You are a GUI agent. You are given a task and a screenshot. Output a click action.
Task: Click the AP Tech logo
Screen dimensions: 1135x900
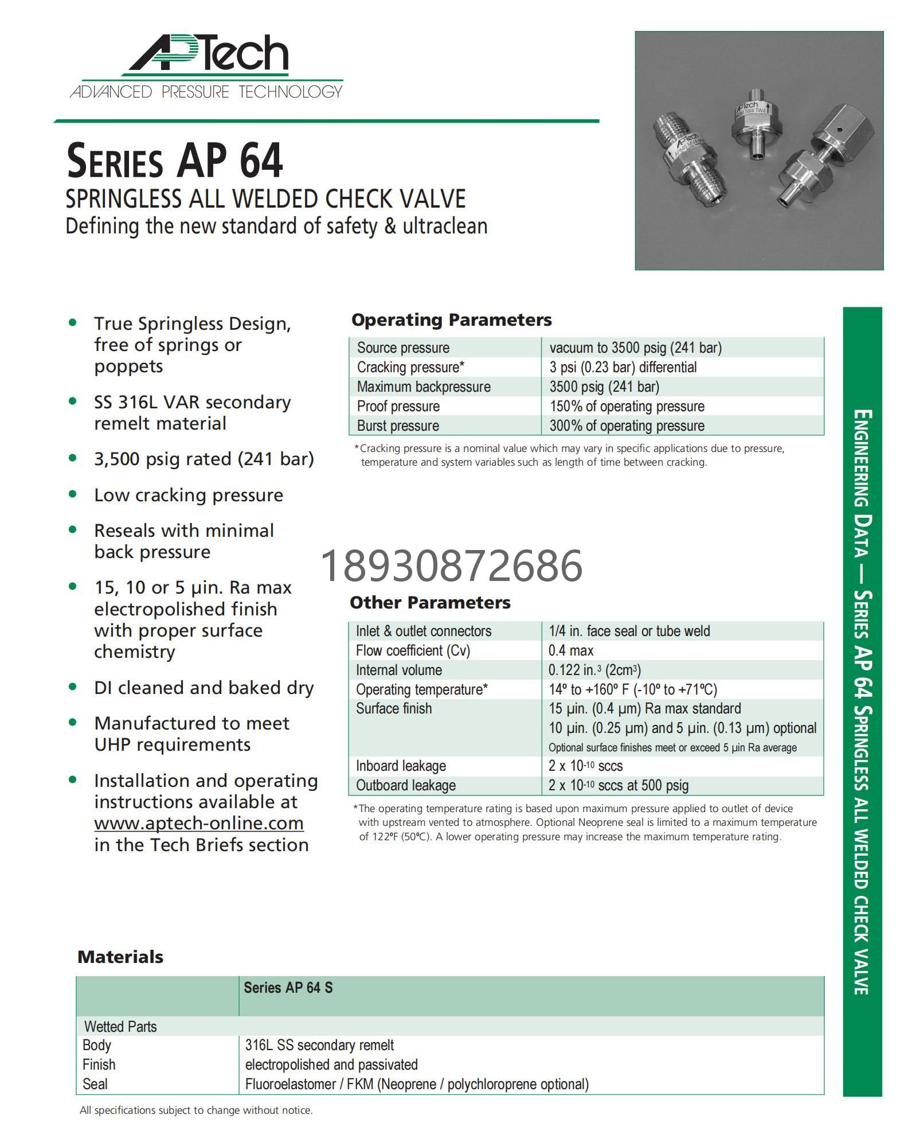(x=206, y=67)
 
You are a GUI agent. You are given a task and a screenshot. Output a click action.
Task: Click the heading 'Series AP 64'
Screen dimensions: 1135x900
(x=175, y=161)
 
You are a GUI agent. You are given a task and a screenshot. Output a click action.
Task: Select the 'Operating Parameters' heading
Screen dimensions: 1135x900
(x=451, y=320)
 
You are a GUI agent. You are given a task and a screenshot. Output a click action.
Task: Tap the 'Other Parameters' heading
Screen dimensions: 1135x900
(x=430, y=603)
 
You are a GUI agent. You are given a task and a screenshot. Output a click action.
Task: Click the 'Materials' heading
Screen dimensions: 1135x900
(x=120, y=957)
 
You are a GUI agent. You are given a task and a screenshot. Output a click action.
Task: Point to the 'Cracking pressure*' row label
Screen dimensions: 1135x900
(x=410, y=367)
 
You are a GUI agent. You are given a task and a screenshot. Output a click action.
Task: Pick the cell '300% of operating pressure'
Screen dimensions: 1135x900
(x=627, y=426)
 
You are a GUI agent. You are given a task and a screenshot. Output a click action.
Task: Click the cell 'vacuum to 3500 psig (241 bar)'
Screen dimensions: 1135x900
(x=635, y=348)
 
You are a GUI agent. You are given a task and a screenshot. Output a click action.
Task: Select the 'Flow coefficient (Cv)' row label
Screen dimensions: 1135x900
(x=413, y=650)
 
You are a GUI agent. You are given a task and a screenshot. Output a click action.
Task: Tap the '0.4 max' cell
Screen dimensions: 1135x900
(x=571, y=650)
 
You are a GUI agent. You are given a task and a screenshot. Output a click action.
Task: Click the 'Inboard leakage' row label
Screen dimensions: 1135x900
(x=401, y=766)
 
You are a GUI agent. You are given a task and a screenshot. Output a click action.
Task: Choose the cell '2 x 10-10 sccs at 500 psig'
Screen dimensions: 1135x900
(x=619, y=786)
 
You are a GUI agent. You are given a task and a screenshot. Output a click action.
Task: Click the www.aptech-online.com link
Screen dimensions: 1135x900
(x=199, y=824)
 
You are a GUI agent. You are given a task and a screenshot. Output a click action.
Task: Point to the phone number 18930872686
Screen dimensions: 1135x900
(x=452, y=565)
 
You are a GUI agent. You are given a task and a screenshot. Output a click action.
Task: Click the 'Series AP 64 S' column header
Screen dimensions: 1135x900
(x=288, y=988)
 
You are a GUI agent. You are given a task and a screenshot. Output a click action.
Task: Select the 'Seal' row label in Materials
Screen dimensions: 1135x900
(x=95, y=1085)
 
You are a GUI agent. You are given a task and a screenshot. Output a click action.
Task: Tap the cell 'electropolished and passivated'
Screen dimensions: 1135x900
(x=331, y=1065)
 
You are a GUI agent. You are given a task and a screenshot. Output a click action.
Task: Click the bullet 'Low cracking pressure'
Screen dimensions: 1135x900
(x=189, y=496)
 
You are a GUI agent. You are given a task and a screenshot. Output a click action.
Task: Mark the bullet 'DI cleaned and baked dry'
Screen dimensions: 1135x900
(x=204, y=688)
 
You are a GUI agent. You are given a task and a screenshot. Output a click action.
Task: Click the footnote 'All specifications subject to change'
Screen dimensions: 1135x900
(x=196, y=1110)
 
